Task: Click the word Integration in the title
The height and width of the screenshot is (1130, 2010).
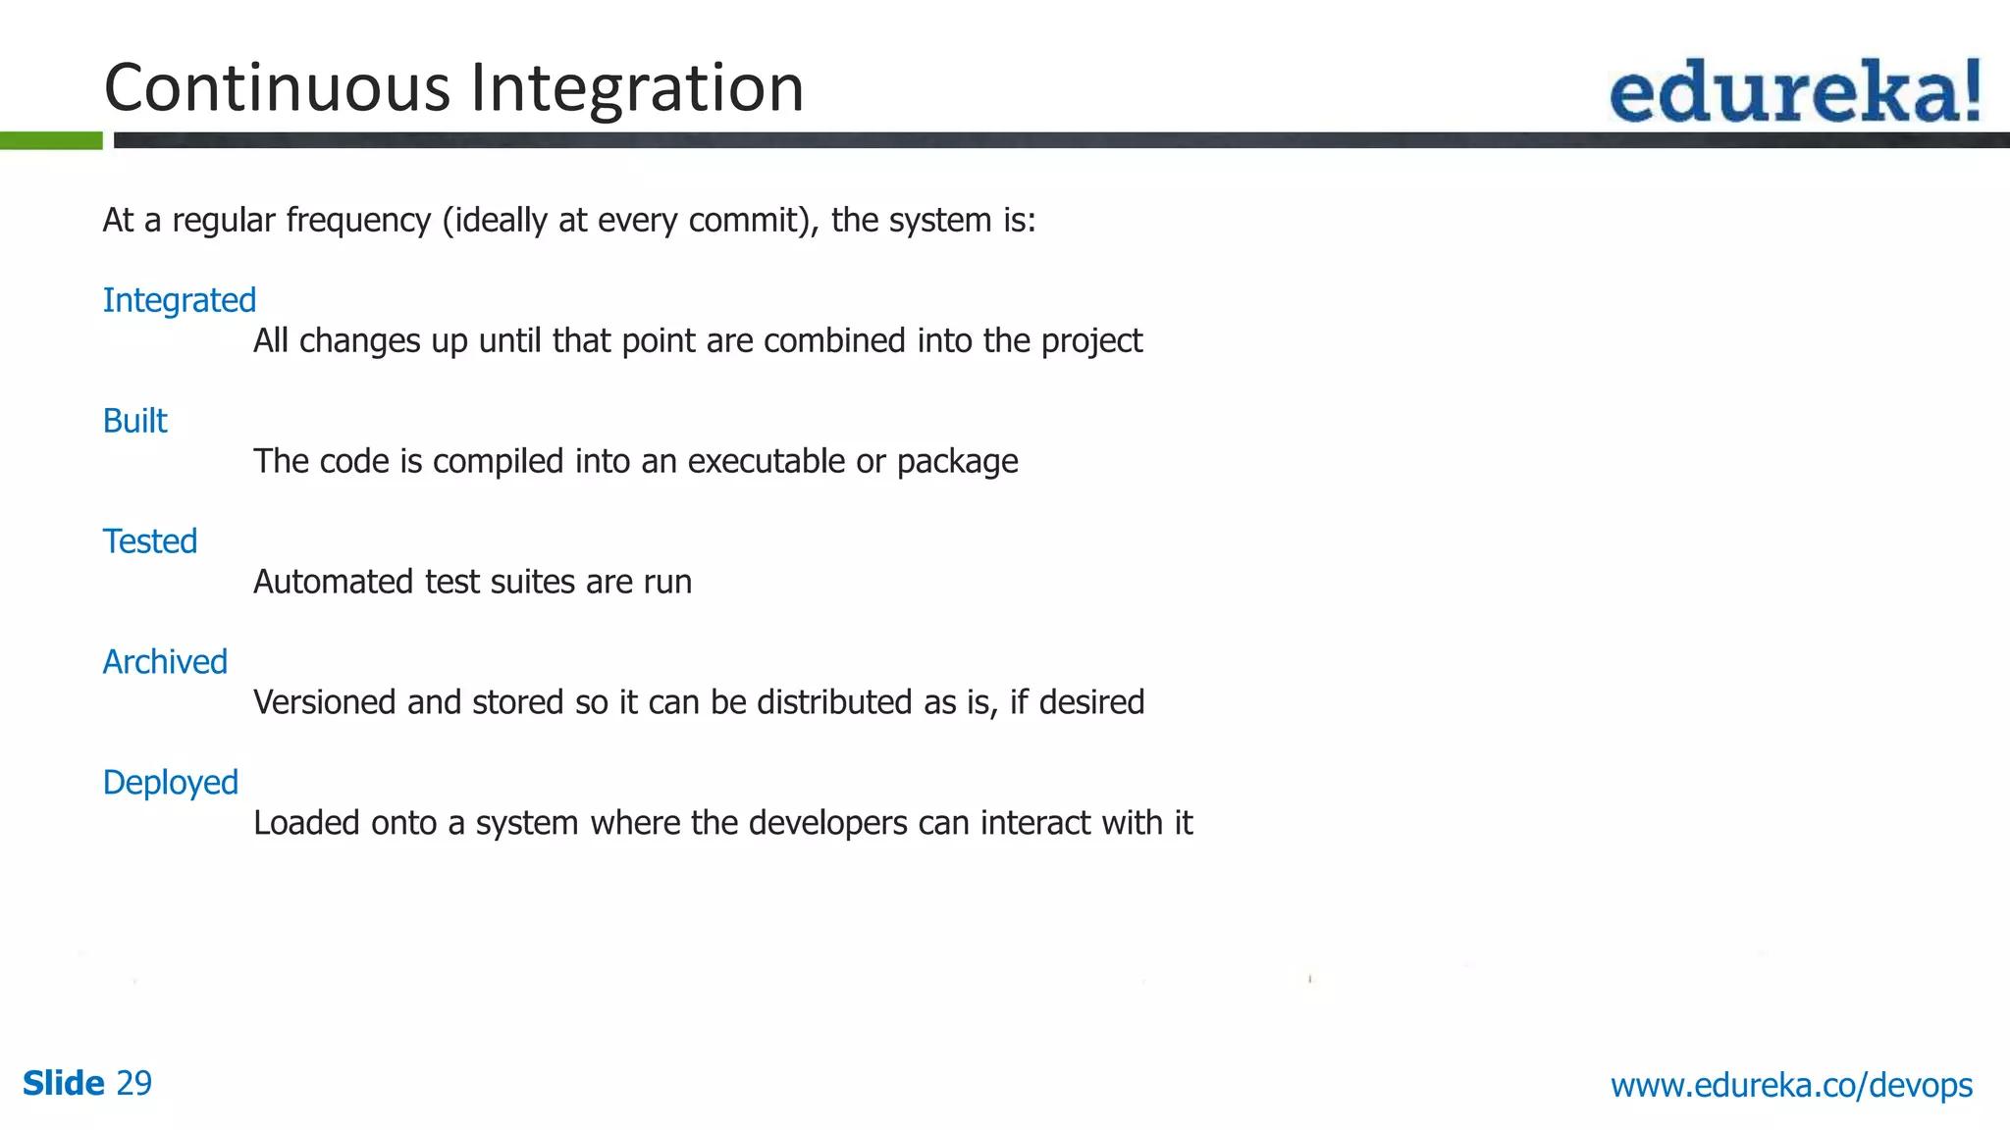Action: [x=637, y=88]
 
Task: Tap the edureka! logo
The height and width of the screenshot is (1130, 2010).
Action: [x=1795, y=91]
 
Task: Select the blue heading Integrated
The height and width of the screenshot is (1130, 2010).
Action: [x=180, y=300]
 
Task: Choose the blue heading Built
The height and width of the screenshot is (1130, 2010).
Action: [x=135, y=421]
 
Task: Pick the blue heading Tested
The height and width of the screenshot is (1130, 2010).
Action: [x=150, y=541]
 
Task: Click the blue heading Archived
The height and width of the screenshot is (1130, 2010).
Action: [x=165, y=662]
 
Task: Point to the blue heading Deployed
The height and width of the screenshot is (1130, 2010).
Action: [x=171, y=783]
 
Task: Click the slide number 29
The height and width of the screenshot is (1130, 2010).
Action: [x=134, y=1083]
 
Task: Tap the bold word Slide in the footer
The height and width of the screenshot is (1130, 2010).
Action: [x=64, y=1083]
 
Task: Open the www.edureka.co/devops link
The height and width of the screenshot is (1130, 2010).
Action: [x=1791, y=1085]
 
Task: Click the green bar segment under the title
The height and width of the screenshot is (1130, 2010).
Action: [x=51, y=141]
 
